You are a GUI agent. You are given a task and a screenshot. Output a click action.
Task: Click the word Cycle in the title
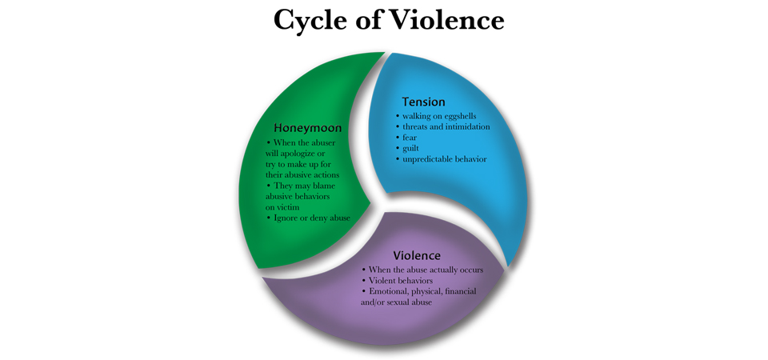point(307,21)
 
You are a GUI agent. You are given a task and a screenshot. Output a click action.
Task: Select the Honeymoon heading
point(307,128)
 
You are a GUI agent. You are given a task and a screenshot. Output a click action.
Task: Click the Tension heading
point(424,102)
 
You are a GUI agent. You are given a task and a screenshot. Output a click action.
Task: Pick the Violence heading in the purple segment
point(417,256)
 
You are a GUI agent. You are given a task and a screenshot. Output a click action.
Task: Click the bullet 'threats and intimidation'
point(442,127)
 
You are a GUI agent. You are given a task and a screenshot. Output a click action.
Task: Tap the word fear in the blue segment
point(410,138)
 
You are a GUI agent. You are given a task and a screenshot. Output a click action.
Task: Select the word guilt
point(410,149)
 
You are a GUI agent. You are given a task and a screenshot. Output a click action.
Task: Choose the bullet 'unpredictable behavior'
point(441,159)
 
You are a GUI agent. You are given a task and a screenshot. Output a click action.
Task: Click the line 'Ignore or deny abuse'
point(309,218)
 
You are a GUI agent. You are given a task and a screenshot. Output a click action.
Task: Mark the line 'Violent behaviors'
point(398,281)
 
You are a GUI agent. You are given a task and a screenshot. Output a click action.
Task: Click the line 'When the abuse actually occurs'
point(422,270)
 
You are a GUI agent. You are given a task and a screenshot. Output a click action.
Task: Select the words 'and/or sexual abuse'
point(396,302)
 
